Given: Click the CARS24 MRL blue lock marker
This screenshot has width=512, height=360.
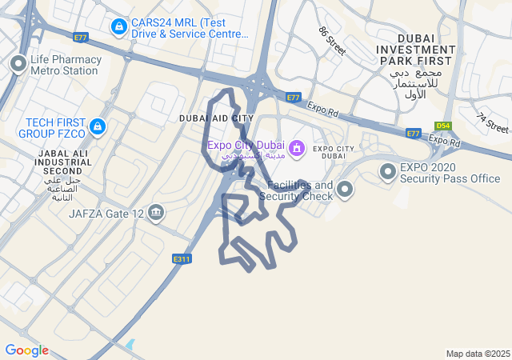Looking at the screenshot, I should point(119,28).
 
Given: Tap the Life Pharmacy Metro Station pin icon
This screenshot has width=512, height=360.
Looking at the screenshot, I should point(18,64).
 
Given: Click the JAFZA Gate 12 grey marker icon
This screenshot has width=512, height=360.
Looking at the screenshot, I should point(156,213).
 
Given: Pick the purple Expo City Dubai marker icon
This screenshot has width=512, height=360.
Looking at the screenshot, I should point(297,148).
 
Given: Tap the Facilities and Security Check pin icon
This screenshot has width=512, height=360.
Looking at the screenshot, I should point(345,190).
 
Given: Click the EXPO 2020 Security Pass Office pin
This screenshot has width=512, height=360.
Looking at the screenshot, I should point(388,171).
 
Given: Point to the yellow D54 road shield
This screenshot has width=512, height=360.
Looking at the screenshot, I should point(443,126).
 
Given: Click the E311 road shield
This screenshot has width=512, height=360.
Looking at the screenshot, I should point(182,258).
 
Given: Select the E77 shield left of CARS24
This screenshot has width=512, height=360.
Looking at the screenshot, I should point(80,38).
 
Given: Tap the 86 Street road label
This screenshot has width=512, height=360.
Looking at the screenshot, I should point(331,41).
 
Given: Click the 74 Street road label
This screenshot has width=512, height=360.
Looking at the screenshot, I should point(492,122).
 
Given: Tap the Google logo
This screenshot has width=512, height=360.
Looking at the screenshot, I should point(26,350).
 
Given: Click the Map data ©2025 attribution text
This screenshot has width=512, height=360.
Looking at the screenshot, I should point(478,354).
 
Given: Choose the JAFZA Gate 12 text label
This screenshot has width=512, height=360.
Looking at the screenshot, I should point(106,214).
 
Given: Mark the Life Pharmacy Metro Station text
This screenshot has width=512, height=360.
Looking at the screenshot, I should point(66,65).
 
